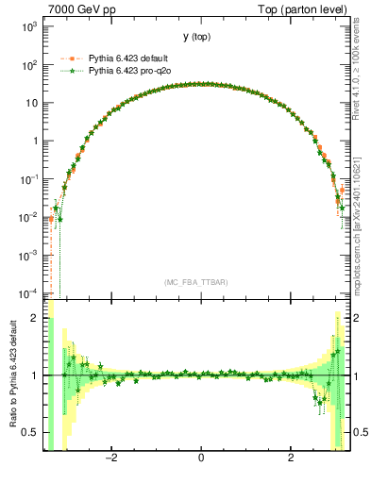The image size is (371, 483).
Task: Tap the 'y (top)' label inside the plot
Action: [197, 37]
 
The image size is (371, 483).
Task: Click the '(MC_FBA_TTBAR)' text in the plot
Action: [197, 282]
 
